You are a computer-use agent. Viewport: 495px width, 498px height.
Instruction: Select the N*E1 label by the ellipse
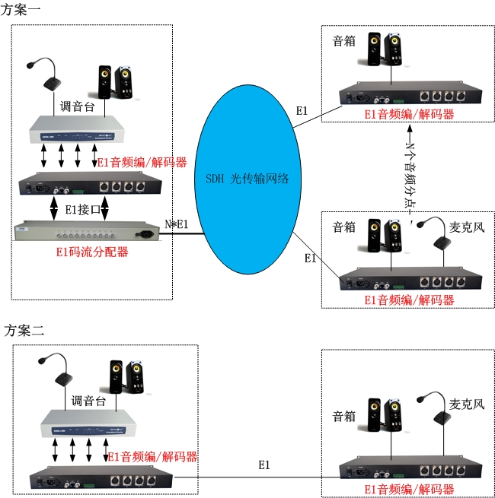177,225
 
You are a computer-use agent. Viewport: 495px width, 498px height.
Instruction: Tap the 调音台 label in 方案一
77,107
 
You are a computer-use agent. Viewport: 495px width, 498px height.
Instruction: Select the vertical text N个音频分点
411,172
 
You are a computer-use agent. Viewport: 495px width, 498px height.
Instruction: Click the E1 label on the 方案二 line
264,465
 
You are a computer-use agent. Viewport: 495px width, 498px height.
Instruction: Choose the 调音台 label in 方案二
88,401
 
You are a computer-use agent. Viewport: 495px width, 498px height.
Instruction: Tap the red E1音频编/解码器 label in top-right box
409,114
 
